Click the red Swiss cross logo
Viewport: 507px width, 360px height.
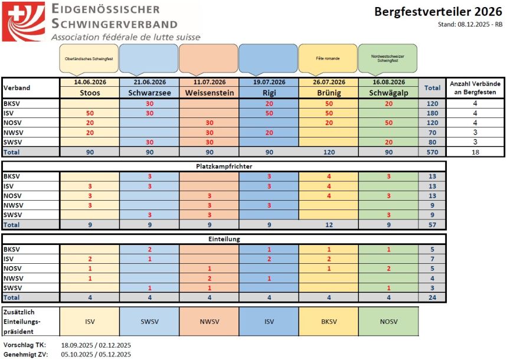(x=23, y=22)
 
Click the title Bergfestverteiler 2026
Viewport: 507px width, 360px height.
(x=439, y=12)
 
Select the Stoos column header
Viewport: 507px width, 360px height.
(x=89, y=93)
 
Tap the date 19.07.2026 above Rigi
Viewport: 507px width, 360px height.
(x=269, y=82)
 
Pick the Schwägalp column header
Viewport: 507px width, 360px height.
(x=388, y=93)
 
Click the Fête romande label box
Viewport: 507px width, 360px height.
(x=328, y=58)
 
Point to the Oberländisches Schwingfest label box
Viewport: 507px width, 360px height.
(x=89, y=58)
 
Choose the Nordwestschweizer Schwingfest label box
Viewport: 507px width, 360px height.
(x=388, y=58)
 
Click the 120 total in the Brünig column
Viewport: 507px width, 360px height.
(x=328, y=152)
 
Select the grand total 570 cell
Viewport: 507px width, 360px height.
(x=432, y=152)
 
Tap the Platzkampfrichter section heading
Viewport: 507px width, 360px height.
(x=224, y=167)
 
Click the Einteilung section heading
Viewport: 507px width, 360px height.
(x=224, y=239)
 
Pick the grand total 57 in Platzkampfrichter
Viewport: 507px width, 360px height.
(x=432, y=224)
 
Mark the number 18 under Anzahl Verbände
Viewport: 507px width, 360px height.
(x=476, y=152)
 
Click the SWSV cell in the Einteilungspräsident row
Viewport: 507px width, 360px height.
(x=149, y=322)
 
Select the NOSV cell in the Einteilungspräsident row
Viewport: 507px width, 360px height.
(x=388, y=322)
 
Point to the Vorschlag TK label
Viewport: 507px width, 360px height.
(x=23, y=345)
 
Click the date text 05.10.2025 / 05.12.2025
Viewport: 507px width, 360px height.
(x=96, y=354)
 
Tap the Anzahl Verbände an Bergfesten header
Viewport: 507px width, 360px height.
(x=476, y=87)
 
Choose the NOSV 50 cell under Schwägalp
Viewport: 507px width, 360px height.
(x=388, y=122)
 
